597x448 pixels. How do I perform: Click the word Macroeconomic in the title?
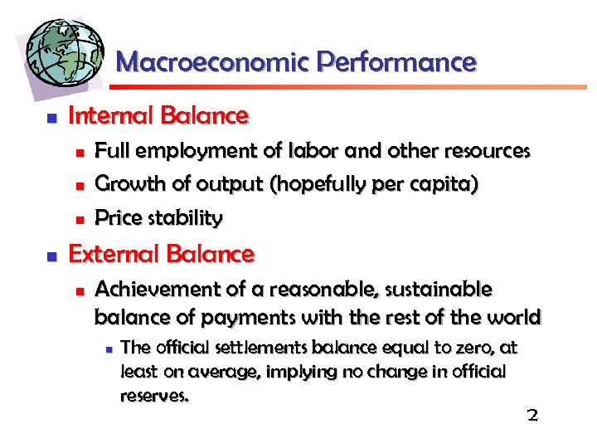coord(213,62)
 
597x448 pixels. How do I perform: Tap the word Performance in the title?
coord(396,62)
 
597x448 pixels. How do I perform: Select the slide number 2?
coord(532,415)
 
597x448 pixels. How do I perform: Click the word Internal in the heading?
coord(104,115)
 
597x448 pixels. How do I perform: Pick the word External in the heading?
coord(108,253)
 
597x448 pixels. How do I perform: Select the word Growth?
coord(124,184)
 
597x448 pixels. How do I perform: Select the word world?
coord(516,317)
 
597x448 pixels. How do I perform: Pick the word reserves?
coord(154,396)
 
